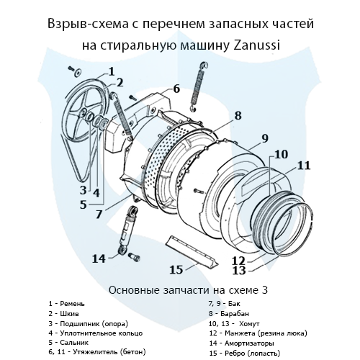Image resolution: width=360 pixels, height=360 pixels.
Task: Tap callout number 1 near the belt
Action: pyautogui.click(x=112, y=70)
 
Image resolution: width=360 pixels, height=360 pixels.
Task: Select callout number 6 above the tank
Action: pyautogui.click(x=176, y=89)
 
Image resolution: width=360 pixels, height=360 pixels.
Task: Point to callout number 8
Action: pyautogui.click(x=238, y=114)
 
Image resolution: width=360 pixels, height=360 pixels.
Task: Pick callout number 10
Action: pyautogui.click(x=281, y=153)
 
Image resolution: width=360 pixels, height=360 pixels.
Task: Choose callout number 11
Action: pyautogui.click(x=304, y=165)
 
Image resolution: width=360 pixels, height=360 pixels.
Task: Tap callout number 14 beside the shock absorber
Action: pyautogui.click(x=99, y=257)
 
